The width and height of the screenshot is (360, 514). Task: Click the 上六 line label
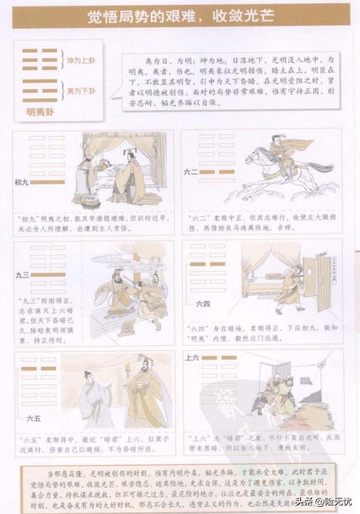(192, 357)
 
